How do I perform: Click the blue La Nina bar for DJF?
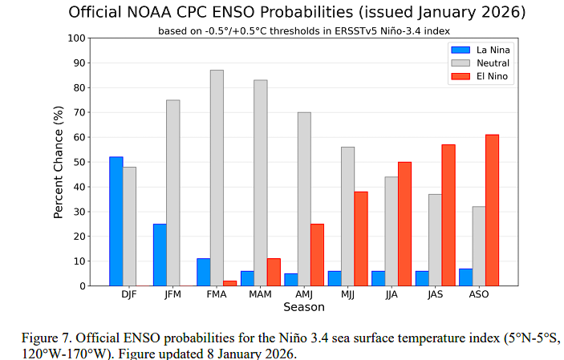116,221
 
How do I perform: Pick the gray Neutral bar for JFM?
172,192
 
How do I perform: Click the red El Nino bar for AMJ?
317,254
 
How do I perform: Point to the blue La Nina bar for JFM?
160,254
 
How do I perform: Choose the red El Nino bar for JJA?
404,224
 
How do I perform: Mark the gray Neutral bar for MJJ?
347,216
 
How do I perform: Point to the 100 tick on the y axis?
76,38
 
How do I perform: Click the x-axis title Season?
303,307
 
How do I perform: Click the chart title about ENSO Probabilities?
297,12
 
